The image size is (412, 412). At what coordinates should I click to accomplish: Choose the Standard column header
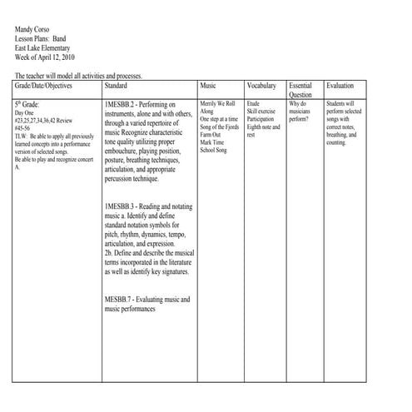tap(117, 86)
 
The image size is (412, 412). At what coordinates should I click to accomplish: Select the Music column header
tap(208, 86)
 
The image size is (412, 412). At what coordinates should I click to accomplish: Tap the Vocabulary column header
tap(261, 86)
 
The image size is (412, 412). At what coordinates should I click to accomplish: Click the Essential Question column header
tap(301, 90)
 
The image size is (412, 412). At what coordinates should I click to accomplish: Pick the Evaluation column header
tap(340, 86)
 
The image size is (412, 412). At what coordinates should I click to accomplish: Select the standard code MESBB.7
tap(119, 299)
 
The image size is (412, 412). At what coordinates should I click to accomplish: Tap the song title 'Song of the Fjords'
tap(219, 126)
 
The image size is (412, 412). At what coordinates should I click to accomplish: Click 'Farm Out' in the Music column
tap(211, 134)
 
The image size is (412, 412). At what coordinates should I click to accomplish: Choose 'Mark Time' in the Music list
tap(211, 141)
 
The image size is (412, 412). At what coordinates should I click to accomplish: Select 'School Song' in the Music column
tap(214, 149)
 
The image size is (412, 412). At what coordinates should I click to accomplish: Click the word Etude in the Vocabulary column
tap(253, 103)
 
